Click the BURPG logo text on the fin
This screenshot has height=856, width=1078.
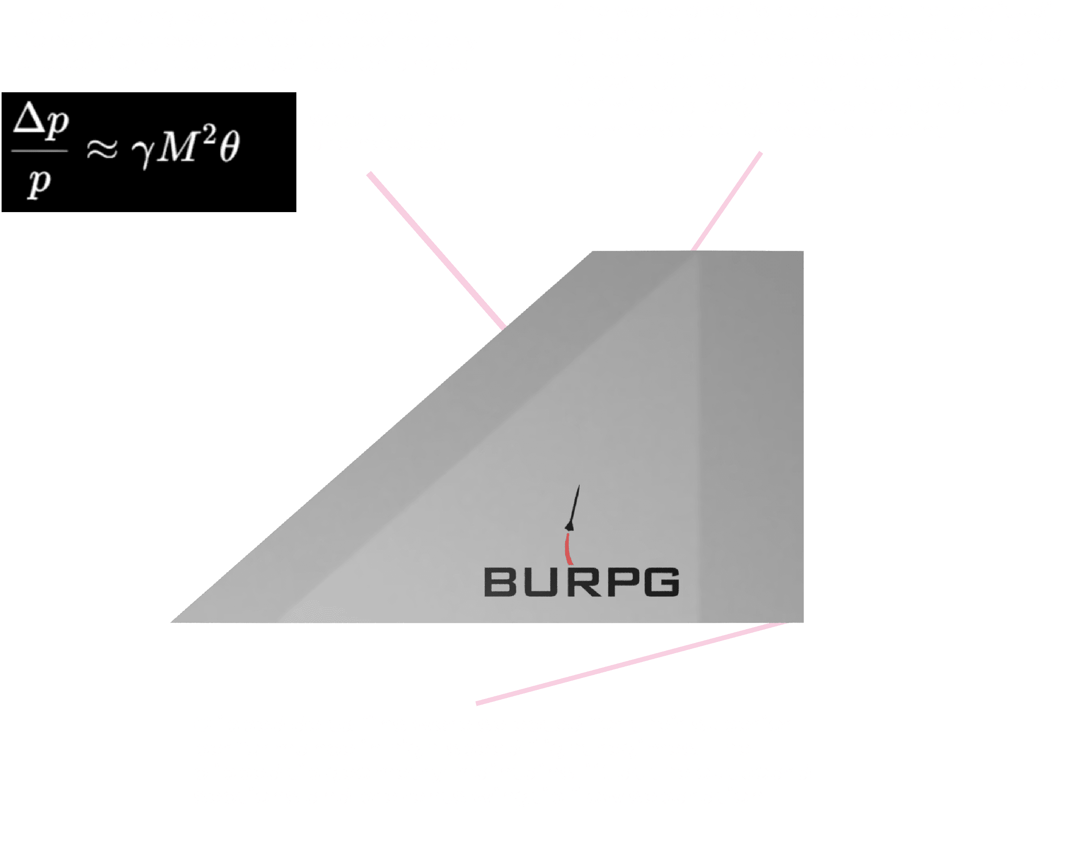582,582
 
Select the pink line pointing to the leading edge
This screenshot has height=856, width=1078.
435,250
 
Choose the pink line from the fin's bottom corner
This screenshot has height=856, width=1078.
630,663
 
